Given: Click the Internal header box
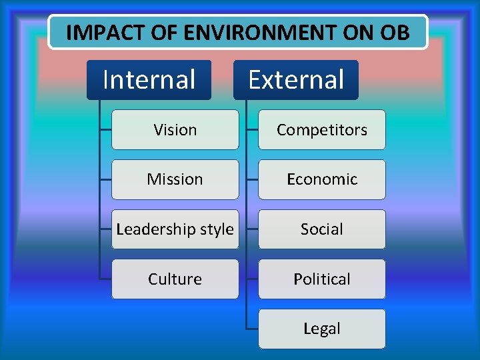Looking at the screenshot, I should [x=149, y=80].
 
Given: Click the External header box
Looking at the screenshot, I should [x=295, y=80].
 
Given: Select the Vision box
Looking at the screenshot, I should [x=175, y=129].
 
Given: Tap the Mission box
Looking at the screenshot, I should [x=175, y=179].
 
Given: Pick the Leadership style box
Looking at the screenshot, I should [x=175, y=229].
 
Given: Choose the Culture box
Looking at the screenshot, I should [x=175, y=279].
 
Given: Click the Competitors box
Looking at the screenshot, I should [x=321, y=129].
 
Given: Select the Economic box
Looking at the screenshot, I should [x=321, y=179].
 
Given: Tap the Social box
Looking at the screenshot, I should [x=321, y=229].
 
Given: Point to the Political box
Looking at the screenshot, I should [x=321, y=279].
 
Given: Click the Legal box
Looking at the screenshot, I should [x=321, y=329].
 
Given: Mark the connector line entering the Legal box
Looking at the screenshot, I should [x=252, y=329].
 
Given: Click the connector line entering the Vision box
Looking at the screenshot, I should [x=105, y=129].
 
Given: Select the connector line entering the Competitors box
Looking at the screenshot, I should [x=252, y=129].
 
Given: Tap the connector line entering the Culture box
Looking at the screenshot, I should [x=105, y=279].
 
